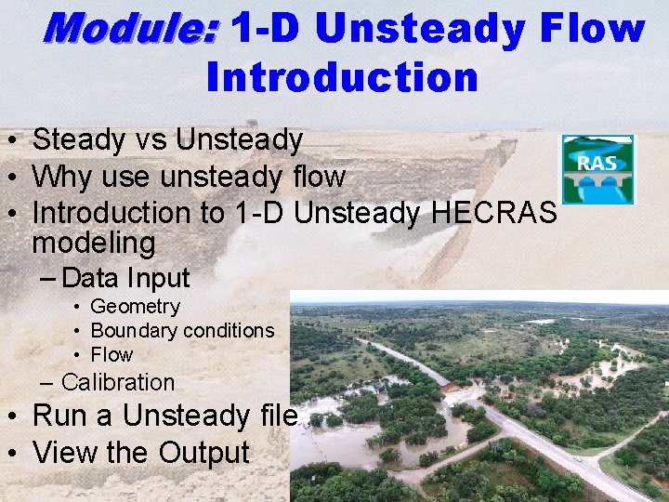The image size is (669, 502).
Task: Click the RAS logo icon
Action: pyautogui.click(x=597, y=169)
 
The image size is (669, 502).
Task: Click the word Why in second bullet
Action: pyautogui.click(x=65, y=176)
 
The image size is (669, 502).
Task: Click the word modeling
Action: pyautogui.click(x=93, y=244)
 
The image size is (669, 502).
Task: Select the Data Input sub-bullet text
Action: pyautogui.click(x=125, y=278)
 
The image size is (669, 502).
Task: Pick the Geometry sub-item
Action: pyautogui.click(x=135, y=307)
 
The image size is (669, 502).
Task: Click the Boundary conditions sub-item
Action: pyautogui.click(x=182, y=331)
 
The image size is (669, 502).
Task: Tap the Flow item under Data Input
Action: pyautogui.click(x=111, y=355)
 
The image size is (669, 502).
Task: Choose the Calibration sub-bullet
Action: pyautogui.click(x=117, y=382)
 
